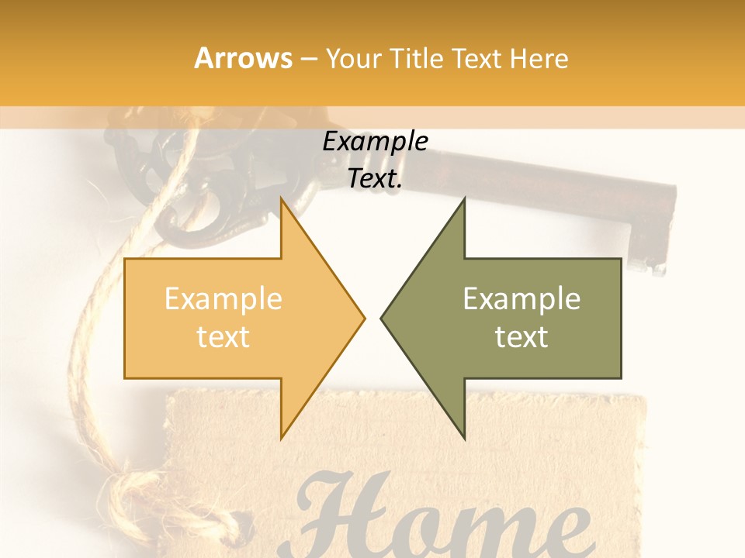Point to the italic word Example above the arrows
[x=376, y=142]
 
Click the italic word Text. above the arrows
[x=376, y=178]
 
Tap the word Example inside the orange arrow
[x=223, y=299]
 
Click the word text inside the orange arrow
[x=223, y=337]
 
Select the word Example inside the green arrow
[x=521, y=299]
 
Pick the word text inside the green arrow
[x=521, y=337]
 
